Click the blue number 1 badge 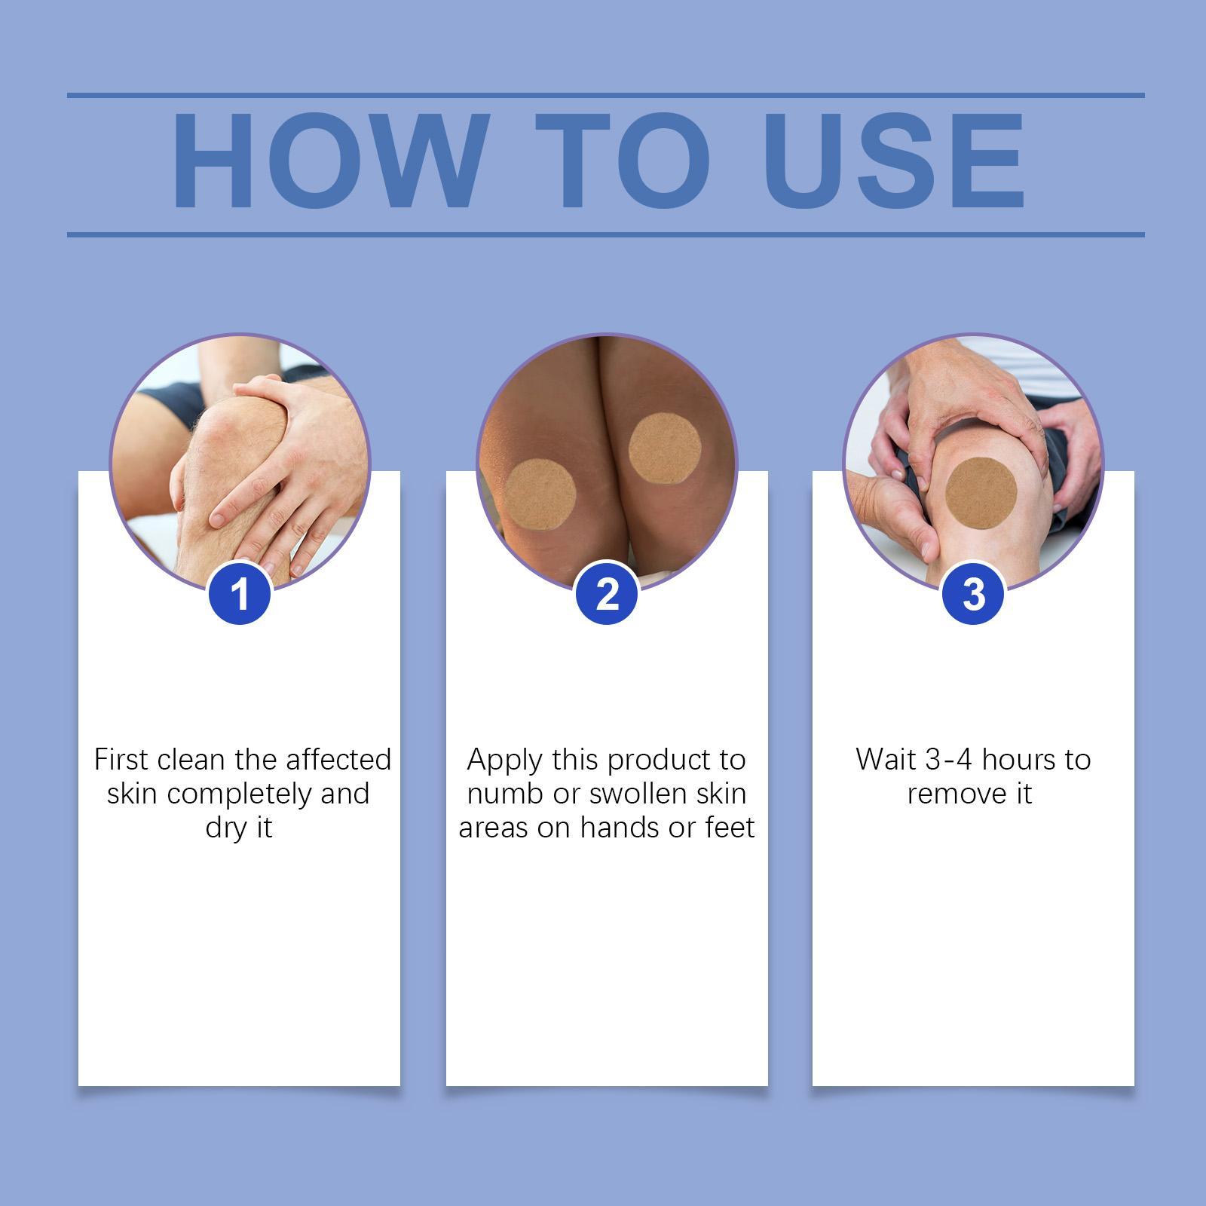(240, 594)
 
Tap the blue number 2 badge (608, 594)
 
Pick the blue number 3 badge (974, 594)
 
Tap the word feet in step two (730, 828)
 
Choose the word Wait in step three (886, 759)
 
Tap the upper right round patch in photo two (665, 450)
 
